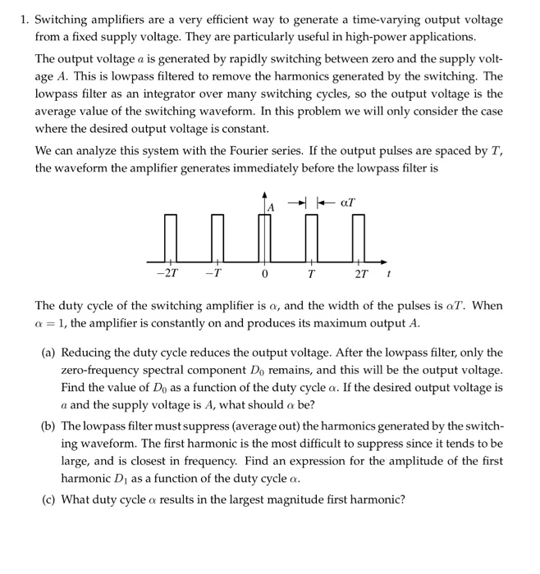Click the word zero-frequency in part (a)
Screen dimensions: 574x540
[97, 371]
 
